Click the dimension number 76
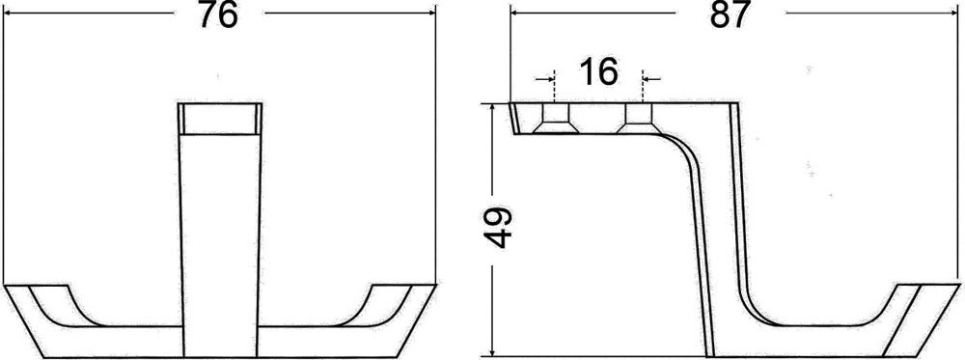tap(218, 14)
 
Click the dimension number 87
tap(731, 14)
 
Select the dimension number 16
tap(598, 72)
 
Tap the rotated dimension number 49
tap(499, 227)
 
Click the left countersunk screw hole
tap(555, 118)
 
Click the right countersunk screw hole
tap(640, 118)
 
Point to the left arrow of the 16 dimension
tap(544, 79)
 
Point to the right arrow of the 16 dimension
tap(651, 79)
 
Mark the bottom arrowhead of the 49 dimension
tap(492, 348)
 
